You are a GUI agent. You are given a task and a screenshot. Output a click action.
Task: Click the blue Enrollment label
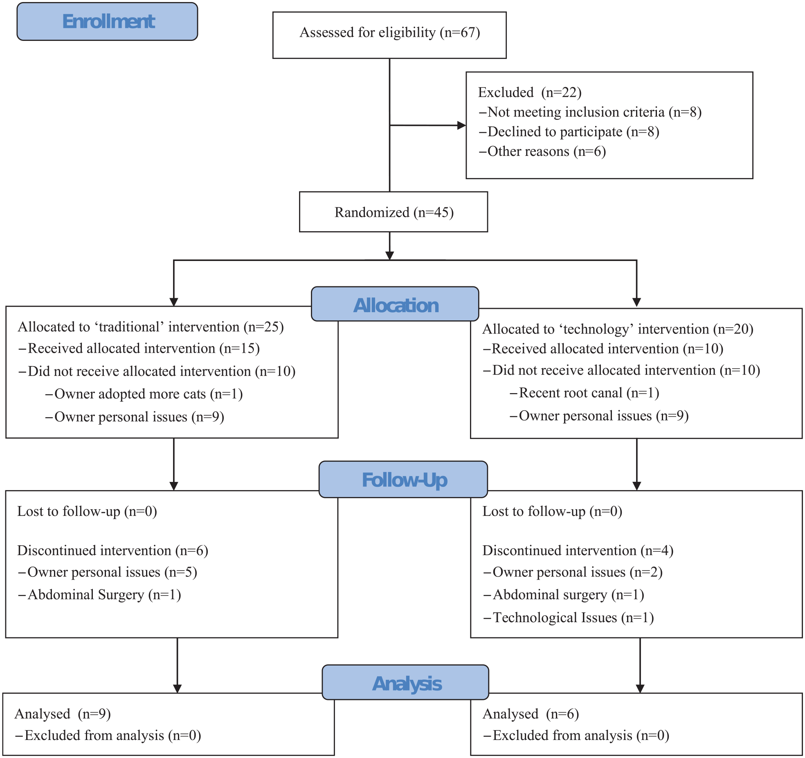pos(107,21)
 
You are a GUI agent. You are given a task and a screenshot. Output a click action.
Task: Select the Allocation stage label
pos(395,304)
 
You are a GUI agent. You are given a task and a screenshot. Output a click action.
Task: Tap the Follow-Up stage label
pos(403,479)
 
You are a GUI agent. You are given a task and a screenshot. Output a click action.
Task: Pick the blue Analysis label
pos(406,682)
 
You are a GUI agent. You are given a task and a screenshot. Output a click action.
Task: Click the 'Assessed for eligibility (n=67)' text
pos(390,33)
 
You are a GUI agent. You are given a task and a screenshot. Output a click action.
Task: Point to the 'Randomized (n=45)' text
pos(394,213)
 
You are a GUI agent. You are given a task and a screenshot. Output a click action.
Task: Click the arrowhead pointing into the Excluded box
pos(462,125)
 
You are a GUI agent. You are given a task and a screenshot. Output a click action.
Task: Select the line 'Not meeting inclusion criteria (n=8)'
pos(590,112)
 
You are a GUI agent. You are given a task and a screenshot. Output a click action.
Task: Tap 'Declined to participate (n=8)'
pos(569,132)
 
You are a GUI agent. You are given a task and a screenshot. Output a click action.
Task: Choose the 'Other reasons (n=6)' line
pos(542,151)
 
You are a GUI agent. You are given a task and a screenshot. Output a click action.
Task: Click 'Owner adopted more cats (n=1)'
pos(144,394)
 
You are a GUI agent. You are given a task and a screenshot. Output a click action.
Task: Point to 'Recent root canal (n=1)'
pos(584,393)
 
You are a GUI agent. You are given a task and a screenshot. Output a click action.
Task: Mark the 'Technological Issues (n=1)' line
pos(569,618)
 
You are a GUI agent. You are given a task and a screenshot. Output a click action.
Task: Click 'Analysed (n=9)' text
pos(63,714)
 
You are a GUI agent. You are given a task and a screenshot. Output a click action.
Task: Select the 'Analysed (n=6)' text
pos(531,714)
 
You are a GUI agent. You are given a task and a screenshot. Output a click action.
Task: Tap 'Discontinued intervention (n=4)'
pos(578,551)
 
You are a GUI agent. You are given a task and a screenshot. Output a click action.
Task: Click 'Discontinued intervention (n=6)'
pos(113,551)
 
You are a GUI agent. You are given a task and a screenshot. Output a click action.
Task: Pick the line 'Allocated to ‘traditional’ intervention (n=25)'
pos(151,327)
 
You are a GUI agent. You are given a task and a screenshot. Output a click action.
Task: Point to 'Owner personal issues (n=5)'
pos(108,572)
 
